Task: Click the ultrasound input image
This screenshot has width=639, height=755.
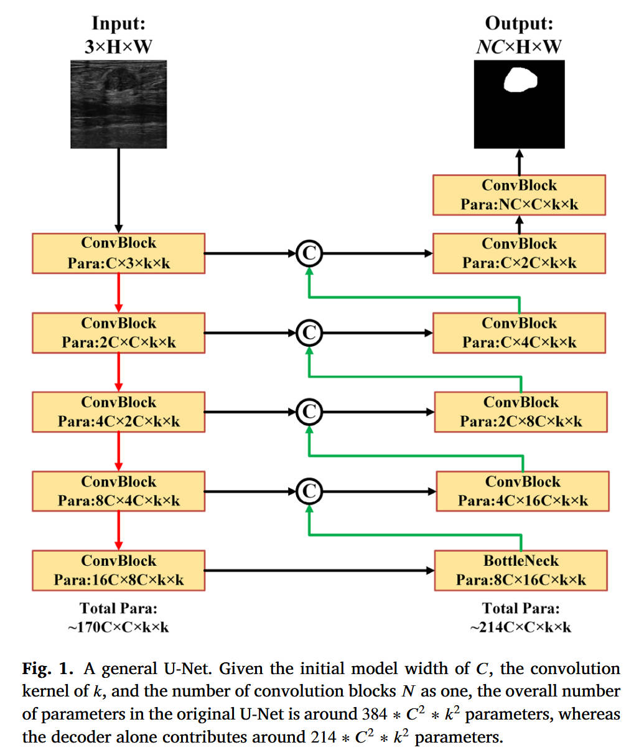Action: point(118,103)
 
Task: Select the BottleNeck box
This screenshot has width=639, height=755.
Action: point(521,570)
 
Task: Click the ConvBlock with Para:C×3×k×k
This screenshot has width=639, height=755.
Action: point(118,253)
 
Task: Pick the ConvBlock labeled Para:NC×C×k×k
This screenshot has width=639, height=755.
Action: point(519,195)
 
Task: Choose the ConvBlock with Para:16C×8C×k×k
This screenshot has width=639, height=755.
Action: point(118,570)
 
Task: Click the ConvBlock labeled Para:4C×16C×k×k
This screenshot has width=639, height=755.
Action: point(523,491)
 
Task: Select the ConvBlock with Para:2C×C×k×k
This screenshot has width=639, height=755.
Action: point(118,332)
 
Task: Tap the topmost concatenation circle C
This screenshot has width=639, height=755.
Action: point(309,253)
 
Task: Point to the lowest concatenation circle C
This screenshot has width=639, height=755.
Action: point(309,491)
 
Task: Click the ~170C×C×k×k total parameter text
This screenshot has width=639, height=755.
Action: point(118,627)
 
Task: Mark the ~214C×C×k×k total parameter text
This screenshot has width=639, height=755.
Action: point(521,627)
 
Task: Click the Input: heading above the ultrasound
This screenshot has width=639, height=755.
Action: point(118,24)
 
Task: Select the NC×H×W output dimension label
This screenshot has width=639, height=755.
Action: point(519,47)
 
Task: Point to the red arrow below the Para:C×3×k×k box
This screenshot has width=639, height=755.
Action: point(118,293)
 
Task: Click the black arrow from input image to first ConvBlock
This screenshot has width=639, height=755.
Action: point(118,190)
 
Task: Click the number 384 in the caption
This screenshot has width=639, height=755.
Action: point(375,714)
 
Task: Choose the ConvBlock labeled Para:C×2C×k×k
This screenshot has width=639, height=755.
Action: point(519,253)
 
